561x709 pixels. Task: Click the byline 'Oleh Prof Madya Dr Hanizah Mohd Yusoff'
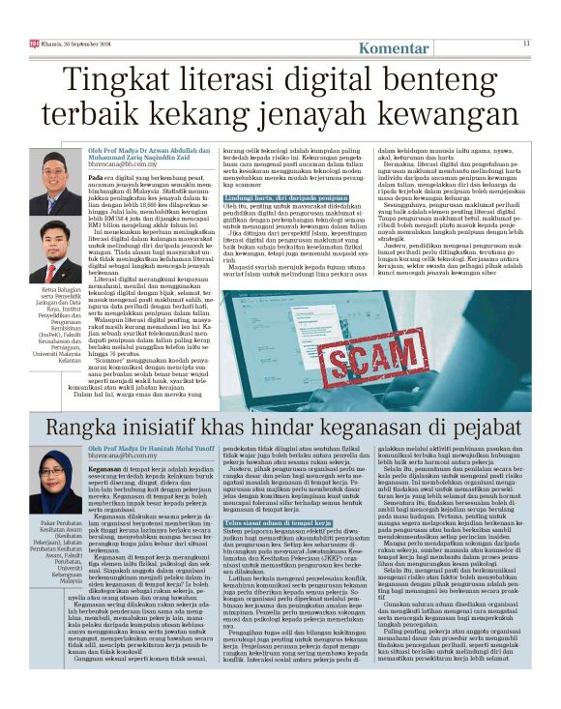(165, 447)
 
